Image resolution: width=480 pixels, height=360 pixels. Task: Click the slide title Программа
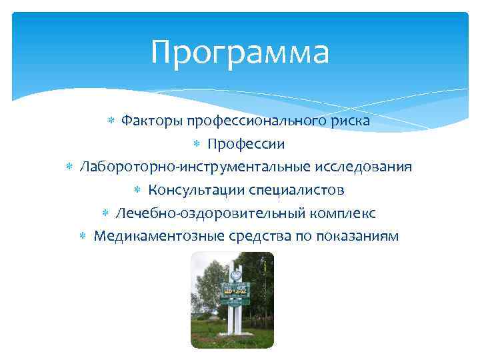(x=239, y=52)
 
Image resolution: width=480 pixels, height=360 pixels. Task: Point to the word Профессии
(x=246, y=144)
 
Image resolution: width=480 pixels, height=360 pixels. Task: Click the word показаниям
(x=357, y=236)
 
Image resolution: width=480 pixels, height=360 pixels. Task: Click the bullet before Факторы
(x=111, y=121)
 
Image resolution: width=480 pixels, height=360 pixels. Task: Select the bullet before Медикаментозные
(x=83, y=237)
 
